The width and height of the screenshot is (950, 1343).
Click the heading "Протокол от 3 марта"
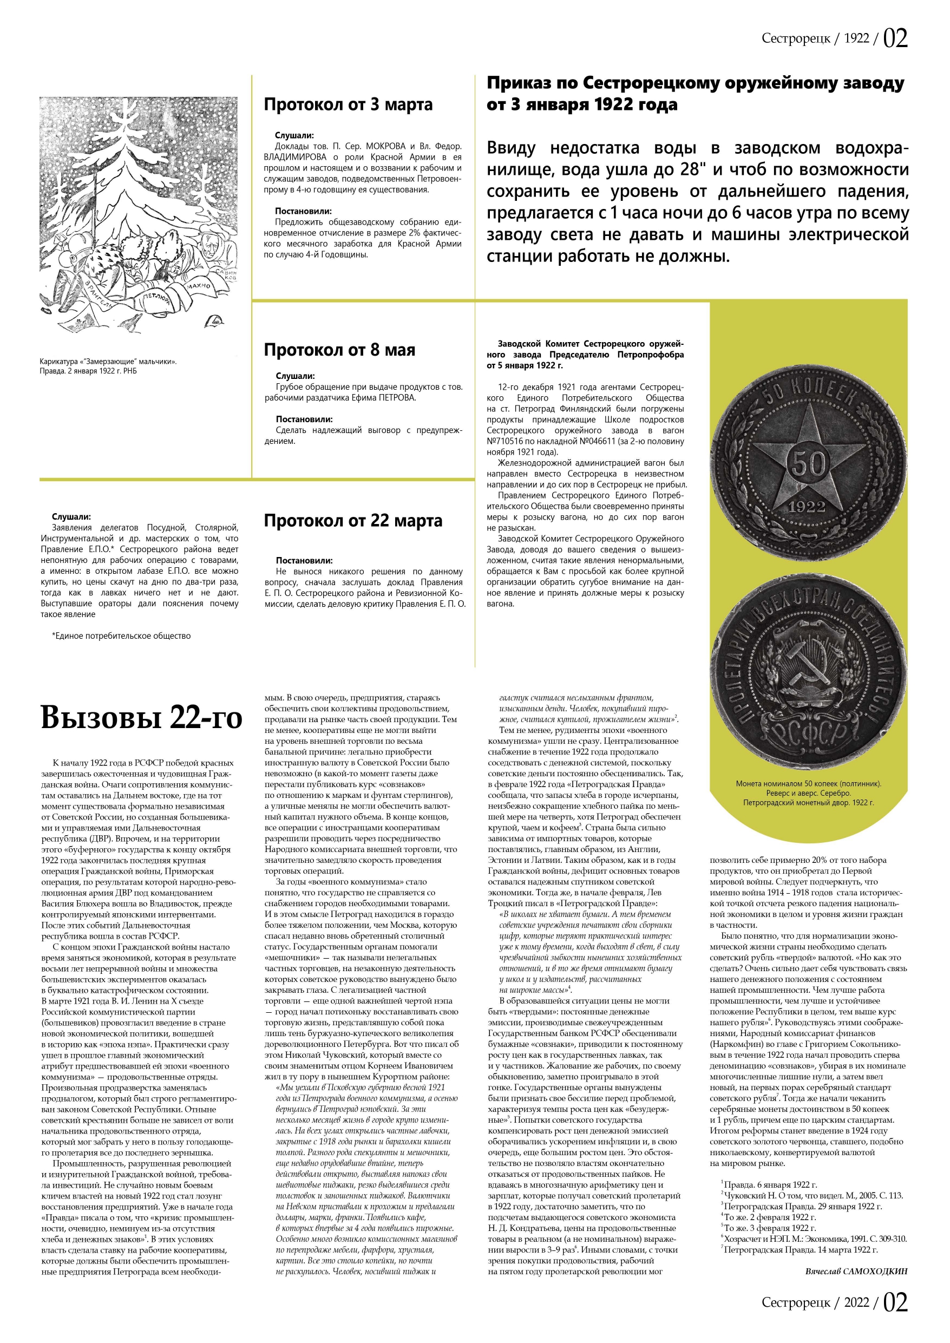pos(348,104)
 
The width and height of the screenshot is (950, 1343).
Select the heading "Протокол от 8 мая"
pos(339,350)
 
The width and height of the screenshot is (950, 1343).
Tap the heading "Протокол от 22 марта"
pos(353,521)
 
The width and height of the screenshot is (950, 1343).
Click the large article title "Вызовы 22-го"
pos(142,718)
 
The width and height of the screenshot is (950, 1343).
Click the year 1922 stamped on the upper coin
pos(807,507)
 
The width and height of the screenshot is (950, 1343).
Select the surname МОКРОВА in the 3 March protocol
pos(385,146)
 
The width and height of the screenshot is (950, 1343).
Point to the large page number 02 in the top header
pos(895,38)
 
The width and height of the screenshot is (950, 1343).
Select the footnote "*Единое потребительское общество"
pos(121,636)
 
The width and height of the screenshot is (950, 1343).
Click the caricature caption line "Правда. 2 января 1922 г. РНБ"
pos(88,371)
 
